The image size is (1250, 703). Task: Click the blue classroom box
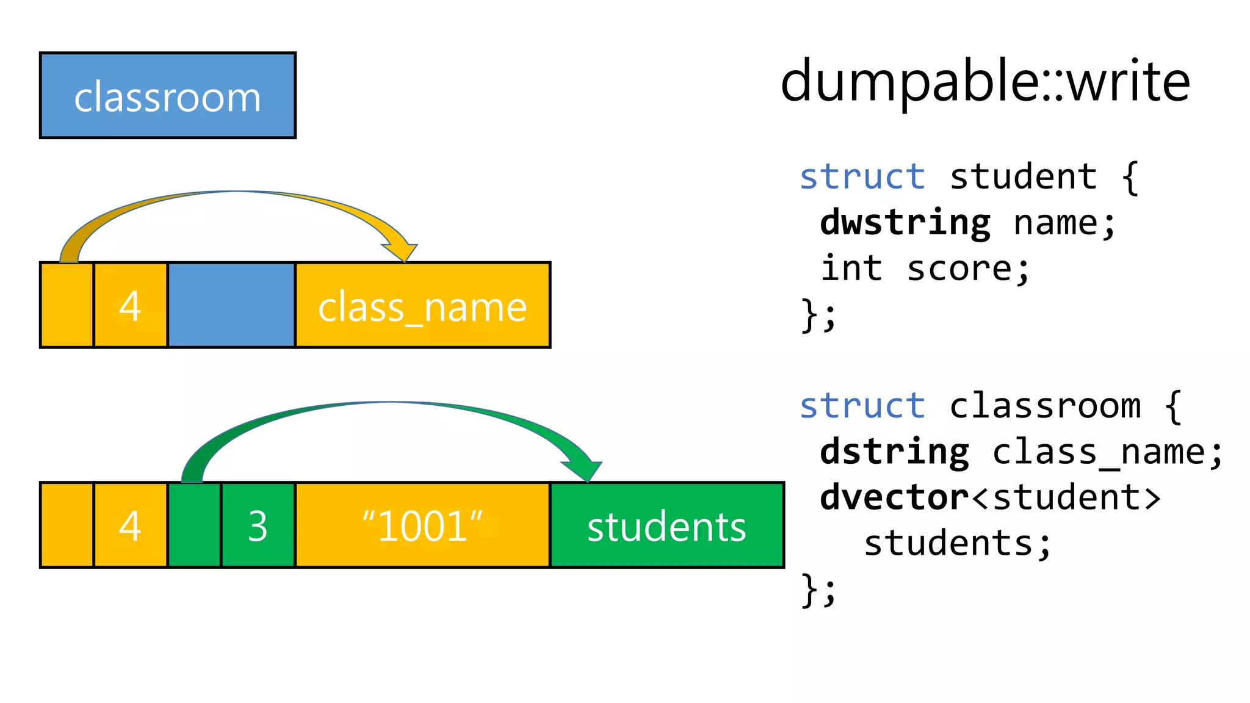click(167, 96)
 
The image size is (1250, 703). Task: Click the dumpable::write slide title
click(984, 81)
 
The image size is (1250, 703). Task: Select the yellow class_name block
click(422, 305)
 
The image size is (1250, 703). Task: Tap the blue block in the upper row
click(231, 305)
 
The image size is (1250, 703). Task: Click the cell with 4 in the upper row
click(131, 305)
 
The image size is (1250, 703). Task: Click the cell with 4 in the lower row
click(131, 525)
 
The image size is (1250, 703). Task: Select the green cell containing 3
click(258, 525)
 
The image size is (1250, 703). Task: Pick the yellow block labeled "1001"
click(422, 525)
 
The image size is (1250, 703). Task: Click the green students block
click(667, 525)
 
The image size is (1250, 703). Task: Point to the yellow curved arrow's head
click(402, 252)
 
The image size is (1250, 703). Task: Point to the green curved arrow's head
click(585, 471)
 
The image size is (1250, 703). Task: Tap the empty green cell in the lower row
click(194, 525)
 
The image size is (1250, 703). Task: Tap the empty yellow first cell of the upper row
click(67, 305)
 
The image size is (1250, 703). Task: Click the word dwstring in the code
click(905, 223)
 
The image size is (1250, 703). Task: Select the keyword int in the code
click(851, 269)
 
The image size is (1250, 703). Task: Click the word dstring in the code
click(894, 452)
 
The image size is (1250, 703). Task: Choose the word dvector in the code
click(894, 497)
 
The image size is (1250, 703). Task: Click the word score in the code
click(967, 269)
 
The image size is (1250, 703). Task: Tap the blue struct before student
click(862, 177)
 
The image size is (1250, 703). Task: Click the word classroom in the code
click(1044, 406)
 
